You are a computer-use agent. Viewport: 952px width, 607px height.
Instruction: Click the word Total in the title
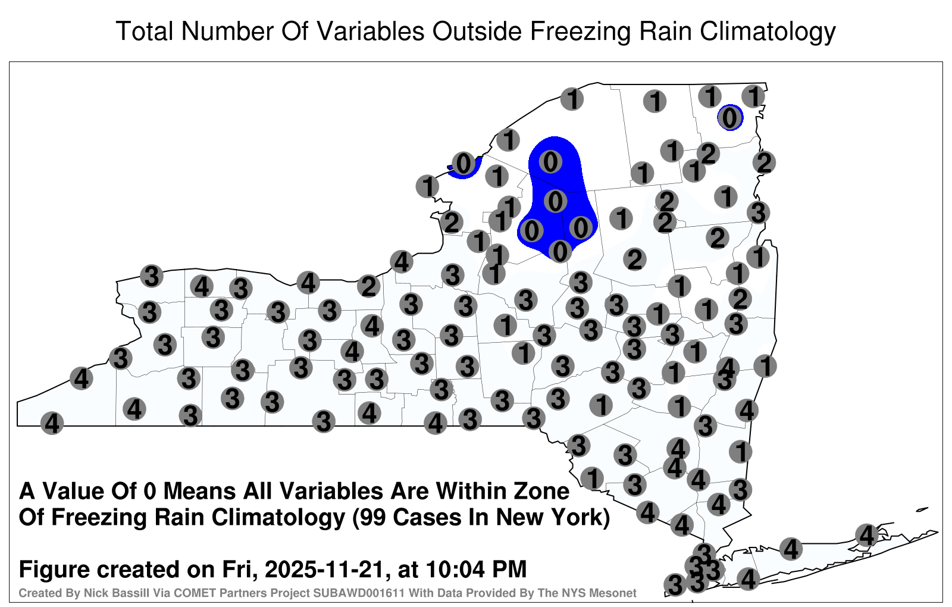tap(145, 31)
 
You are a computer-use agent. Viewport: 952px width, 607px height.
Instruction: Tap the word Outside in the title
tap(477, 31)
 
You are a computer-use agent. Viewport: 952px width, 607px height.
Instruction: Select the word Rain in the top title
tap(666, 31)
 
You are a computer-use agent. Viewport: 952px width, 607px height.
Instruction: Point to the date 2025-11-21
tap(325, 569)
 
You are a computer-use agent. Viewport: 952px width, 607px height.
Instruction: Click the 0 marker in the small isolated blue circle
tap(729, 118)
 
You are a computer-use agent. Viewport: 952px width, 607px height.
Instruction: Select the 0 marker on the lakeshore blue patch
tap(464, 163)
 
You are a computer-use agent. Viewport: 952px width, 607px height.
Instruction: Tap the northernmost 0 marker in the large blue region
tap(550, 161)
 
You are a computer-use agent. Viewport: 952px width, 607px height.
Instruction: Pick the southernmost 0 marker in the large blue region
tap(560, 251)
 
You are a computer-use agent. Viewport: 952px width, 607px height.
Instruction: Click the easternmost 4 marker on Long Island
tap(866, 535)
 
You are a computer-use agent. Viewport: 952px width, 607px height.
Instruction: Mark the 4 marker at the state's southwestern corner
tap(52, 423)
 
